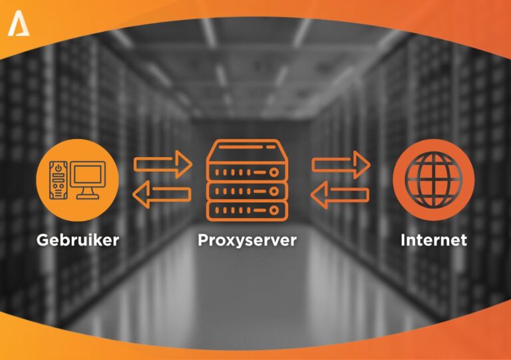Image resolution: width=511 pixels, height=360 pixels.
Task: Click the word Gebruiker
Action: [78, 240]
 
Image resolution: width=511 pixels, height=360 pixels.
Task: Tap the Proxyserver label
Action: [247, 240]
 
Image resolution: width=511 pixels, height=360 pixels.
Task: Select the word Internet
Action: [434, 240]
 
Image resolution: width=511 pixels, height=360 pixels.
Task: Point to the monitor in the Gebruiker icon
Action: [89, 174]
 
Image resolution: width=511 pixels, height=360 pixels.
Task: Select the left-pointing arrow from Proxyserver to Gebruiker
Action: [162, 194]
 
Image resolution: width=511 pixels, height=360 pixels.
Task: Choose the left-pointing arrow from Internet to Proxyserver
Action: [340, 194]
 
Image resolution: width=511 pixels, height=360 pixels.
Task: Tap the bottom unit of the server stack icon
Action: [247, 210]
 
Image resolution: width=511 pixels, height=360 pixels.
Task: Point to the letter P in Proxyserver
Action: [203, 240]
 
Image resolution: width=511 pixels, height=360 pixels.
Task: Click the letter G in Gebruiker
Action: [42, 240]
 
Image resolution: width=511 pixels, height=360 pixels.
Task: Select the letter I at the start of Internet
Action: [403, 240]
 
